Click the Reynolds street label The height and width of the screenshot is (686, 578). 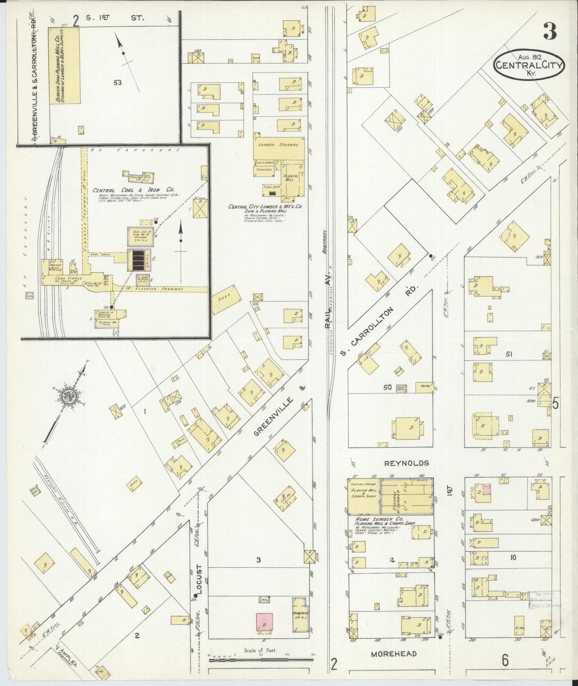(x=406, y=463)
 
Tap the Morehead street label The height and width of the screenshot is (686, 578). (x=394, y=654)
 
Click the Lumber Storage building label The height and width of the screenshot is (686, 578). (x=278, y=145)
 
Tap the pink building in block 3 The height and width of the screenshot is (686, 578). (x=264, y=622)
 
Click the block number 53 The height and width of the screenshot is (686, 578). (x=117, y=83)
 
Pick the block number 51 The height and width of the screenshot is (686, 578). (x=509, y=354)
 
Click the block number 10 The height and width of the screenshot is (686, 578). (x=513, y=557)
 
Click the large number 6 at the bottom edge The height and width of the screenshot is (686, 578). (x=505, y=660)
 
